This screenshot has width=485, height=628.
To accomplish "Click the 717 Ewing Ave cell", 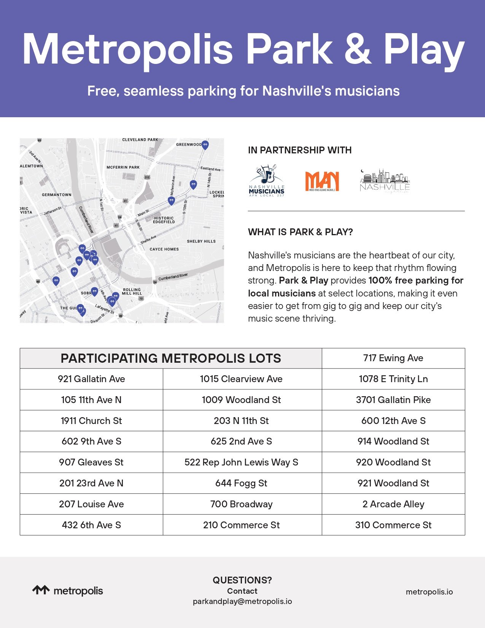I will [393, 358].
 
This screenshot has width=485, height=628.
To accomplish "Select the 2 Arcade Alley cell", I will [393, 504].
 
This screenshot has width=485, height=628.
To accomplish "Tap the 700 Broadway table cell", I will [242, 504].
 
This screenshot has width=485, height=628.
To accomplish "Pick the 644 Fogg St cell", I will [242, 483].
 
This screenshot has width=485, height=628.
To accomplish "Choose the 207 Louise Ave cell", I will [91, 504].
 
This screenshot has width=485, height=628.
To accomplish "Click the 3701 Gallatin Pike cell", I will [393, 400].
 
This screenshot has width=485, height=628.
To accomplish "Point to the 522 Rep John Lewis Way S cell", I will [242, 462].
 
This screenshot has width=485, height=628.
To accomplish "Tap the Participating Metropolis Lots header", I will [171, 358].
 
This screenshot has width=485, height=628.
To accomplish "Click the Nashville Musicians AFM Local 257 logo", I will [267, 181].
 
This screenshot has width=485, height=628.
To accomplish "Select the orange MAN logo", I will [322, 181].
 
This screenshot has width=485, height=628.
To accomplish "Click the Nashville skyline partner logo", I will [385, 181].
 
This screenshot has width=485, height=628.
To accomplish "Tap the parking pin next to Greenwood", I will [205, 145].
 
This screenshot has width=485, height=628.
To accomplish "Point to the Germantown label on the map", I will [57, 194].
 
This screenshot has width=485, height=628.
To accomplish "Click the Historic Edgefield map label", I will [164, 220].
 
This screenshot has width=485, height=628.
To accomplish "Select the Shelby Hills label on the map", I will [201, 241].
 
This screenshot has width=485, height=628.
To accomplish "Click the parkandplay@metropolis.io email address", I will [242, 601].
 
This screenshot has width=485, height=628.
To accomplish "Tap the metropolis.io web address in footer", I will [429, 592].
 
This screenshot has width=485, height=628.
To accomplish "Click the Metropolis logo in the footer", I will [68, 591].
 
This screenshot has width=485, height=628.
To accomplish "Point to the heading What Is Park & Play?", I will [300, 232].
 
